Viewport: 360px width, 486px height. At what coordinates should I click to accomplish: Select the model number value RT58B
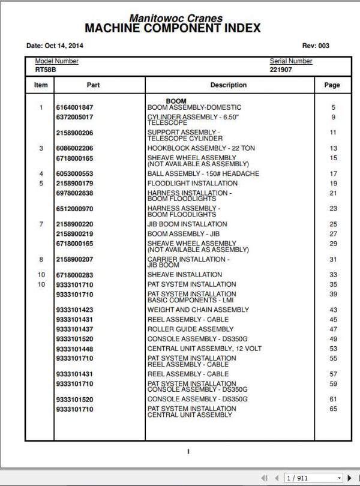point(45,70)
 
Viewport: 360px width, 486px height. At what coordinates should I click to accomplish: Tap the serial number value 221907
point(280,70)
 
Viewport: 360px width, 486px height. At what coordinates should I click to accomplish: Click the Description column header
point(228,85)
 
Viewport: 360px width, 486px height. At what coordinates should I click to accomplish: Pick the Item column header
point(41,85)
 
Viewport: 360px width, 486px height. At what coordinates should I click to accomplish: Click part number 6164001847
point(74,107)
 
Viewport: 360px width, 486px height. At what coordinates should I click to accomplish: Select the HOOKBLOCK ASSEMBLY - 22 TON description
point(201,148)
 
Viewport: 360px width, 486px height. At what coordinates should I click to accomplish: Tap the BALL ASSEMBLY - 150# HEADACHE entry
point(203,174)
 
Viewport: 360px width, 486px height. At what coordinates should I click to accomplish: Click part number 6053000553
point(74,174)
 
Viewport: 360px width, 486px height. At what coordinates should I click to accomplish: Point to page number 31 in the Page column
point(333,259)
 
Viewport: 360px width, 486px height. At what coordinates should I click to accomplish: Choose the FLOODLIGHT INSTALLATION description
point(193,184)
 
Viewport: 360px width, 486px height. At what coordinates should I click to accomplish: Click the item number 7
point(41,224)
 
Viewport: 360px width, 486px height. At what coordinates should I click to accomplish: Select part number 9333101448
point(74,349)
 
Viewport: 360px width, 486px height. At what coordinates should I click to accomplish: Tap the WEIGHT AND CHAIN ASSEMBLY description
point(198,310)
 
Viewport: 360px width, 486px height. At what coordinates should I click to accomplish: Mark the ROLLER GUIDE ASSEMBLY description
point(191,329)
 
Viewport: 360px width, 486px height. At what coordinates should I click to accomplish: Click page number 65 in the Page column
point(333,409)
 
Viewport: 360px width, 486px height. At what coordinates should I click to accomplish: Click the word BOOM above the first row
point(176,101)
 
